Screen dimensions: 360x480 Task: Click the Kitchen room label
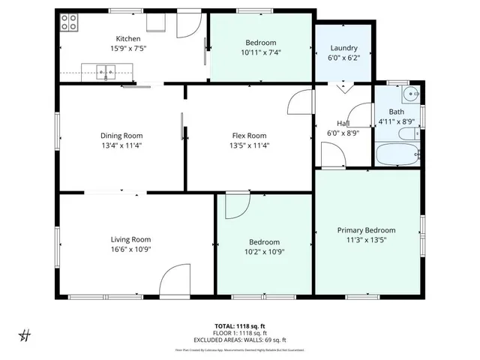click(x=127, y=39)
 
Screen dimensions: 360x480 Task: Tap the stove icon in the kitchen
click(x=69, y=22)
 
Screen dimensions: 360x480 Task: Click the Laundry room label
click(x=343, y=48)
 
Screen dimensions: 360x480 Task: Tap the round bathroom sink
click(x=409, y=94)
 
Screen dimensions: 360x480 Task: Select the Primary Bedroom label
click(x=366, y=230)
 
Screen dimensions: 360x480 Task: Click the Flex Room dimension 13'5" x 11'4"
click(x=250, y=145)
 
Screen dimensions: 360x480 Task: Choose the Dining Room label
click(x=121, y=136)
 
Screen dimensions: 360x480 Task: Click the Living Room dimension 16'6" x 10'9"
click(x=131, y=250)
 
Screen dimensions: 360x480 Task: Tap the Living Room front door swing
click(x=175, y=280)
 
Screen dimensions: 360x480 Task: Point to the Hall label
click(x=343, y=124)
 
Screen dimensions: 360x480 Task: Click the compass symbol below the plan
click(x=24, y=334)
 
